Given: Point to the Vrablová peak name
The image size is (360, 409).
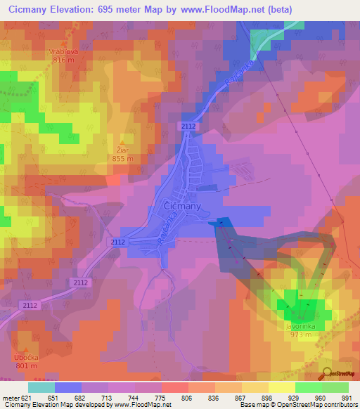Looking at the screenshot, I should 63,51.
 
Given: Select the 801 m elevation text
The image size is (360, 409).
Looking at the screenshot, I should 25,366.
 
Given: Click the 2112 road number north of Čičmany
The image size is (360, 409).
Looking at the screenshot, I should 188,126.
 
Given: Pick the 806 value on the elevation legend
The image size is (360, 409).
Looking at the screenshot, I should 188,398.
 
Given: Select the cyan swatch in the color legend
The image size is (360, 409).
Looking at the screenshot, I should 41,387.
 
